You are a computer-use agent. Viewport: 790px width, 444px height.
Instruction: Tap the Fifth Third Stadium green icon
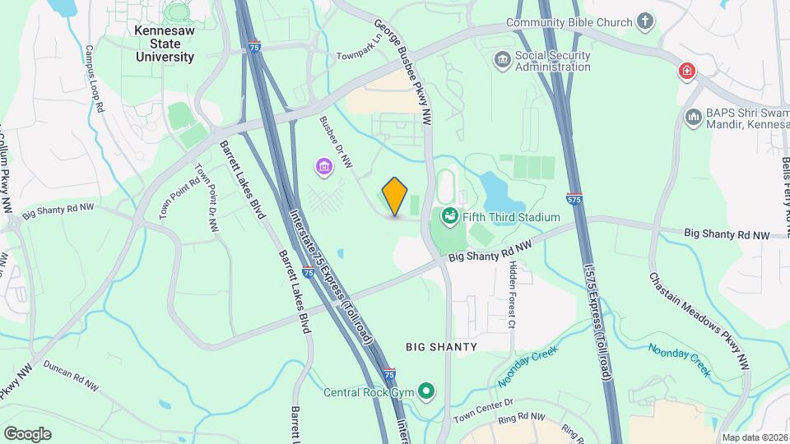[450, 217]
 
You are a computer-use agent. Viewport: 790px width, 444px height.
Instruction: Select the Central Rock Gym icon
[426, 391]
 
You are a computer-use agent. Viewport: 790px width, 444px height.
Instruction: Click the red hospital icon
[685, 72]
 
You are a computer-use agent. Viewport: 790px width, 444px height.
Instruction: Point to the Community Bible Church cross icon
[646, 23]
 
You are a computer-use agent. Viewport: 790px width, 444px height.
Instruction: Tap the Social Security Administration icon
[502, 61]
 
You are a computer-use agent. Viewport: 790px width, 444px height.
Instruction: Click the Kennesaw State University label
[165, 44]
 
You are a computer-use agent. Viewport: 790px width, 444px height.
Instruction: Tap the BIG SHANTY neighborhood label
[442, 347]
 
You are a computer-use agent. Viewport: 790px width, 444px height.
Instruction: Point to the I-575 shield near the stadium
[574, 199]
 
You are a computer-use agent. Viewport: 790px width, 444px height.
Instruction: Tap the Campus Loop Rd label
[93, 79]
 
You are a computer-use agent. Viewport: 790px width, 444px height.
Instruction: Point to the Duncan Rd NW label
[71, 375]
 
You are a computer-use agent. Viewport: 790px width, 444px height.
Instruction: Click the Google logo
[28, 433]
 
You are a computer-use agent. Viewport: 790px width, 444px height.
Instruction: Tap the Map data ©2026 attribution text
[754, 437]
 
